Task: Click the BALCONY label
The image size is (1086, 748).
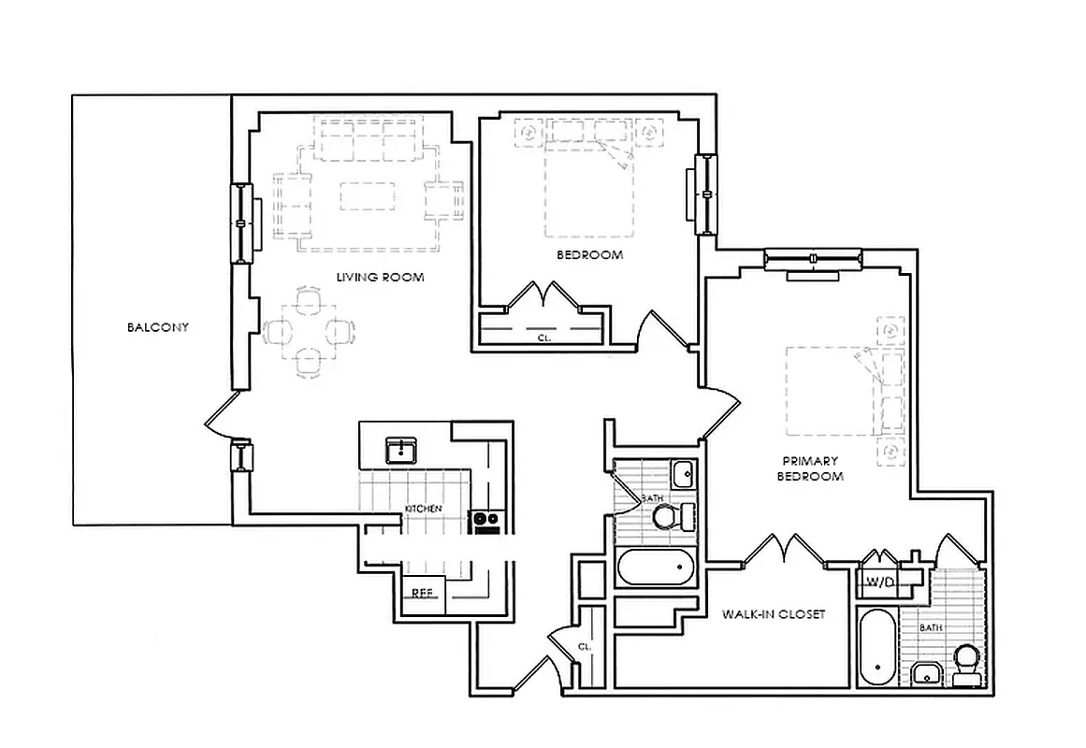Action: coord(158,327)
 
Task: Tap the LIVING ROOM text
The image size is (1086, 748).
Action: coord(381,278)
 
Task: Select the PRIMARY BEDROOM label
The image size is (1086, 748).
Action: coord(811,468)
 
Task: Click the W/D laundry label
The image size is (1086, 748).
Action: coord(879,582)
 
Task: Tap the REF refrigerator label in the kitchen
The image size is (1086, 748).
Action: coord(422,592)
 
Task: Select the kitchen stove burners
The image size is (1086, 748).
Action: coord(485,519)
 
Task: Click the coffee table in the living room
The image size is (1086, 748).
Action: coord(367,196)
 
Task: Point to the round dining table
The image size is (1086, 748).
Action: coord(310,331)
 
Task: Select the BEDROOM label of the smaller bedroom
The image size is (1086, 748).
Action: coord(589,255)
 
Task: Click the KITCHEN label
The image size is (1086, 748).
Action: coord(423,508)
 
